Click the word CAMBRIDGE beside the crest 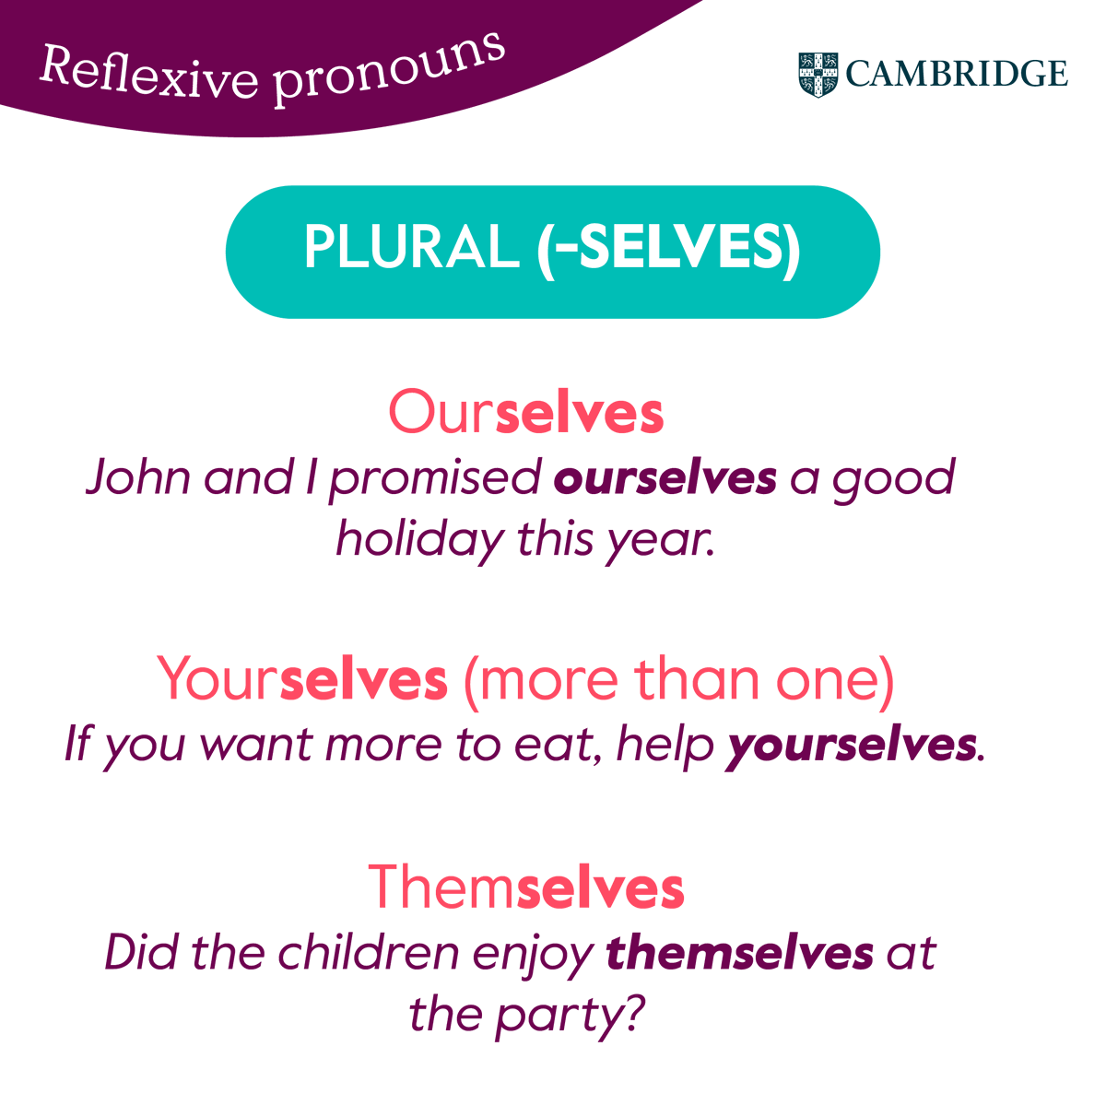click(957, 74)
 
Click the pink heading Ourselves click(525, 413)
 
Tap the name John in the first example click(139, 477)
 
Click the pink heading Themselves click(525, 887)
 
